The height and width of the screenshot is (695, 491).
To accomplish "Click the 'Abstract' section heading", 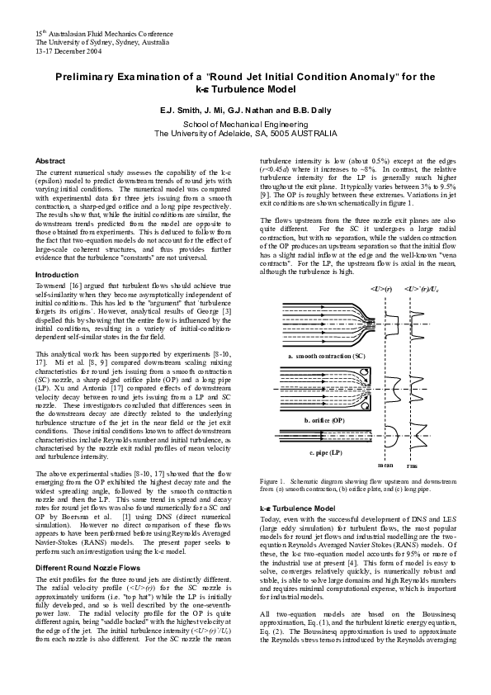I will click(50, 161).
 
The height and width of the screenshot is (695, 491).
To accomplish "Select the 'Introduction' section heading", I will click(56, 274).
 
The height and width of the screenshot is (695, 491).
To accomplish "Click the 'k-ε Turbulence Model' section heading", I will click(297, 508).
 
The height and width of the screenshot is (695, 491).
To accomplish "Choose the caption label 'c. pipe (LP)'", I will click(327, 453).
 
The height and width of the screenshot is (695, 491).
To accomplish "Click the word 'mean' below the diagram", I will click(385, 466).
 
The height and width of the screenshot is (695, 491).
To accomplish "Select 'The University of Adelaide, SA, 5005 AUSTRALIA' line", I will click(245, 133).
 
